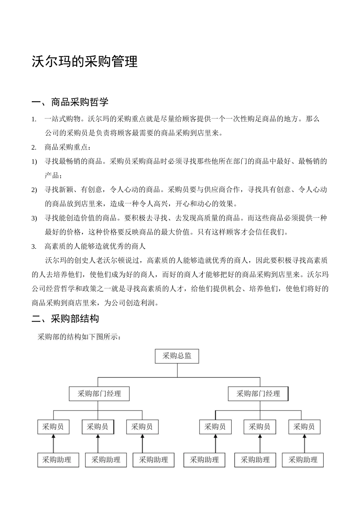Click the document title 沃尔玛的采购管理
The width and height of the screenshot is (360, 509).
[x=85, y=61]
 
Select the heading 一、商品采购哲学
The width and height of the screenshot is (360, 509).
[x=70, y=101]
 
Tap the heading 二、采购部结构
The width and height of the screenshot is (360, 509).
[x=65, y=319]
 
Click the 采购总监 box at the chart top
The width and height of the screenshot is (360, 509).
[x=177, y=356]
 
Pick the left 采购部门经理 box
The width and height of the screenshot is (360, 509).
[x=99, y=394]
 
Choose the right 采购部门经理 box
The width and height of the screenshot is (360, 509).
[x=258, y=394]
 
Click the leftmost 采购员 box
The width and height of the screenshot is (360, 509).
[x=53, y=427]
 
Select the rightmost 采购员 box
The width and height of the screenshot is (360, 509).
[x=304, y=427]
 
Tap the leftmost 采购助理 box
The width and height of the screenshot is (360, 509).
[x=58, y=460]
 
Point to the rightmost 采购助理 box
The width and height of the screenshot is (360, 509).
[x=303, y=460]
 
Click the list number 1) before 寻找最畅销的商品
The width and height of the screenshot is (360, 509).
[x=34, y=162]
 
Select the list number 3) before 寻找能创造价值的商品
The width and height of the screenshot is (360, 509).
[x=34, y=219]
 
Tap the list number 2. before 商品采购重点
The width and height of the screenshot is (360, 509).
[x=34, y=148]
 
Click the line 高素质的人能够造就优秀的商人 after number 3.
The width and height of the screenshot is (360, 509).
[x=95, y=247]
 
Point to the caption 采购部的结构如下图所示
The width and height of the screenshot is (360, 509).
[x=79, y=337]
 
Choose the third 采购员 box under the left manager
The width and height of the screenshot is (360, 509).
[x=142, y=427]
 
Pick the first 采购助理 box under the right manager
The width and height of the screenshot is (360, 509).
[x=204, y=460]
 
